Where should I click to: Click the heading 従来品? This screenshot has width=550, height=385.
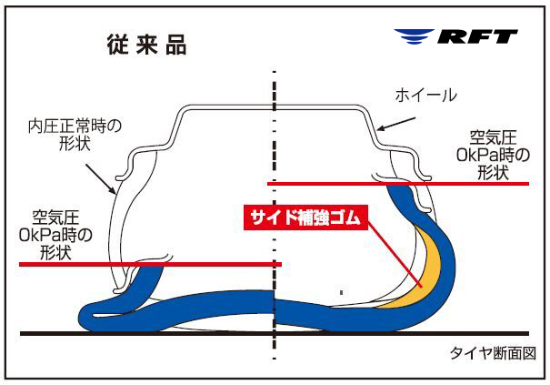click(x=148, y=45)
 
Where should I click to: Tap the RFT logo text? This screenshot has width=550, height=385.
click(x=477, y=37)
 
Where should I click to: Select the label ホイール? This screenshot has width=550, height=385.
click(x=425, y=96)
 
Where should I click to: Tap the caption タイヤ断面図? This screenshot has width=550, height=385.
click(x=490, y=353)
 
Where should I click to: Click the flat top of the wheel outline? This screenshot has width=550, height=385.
click(x=273, y=109)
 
